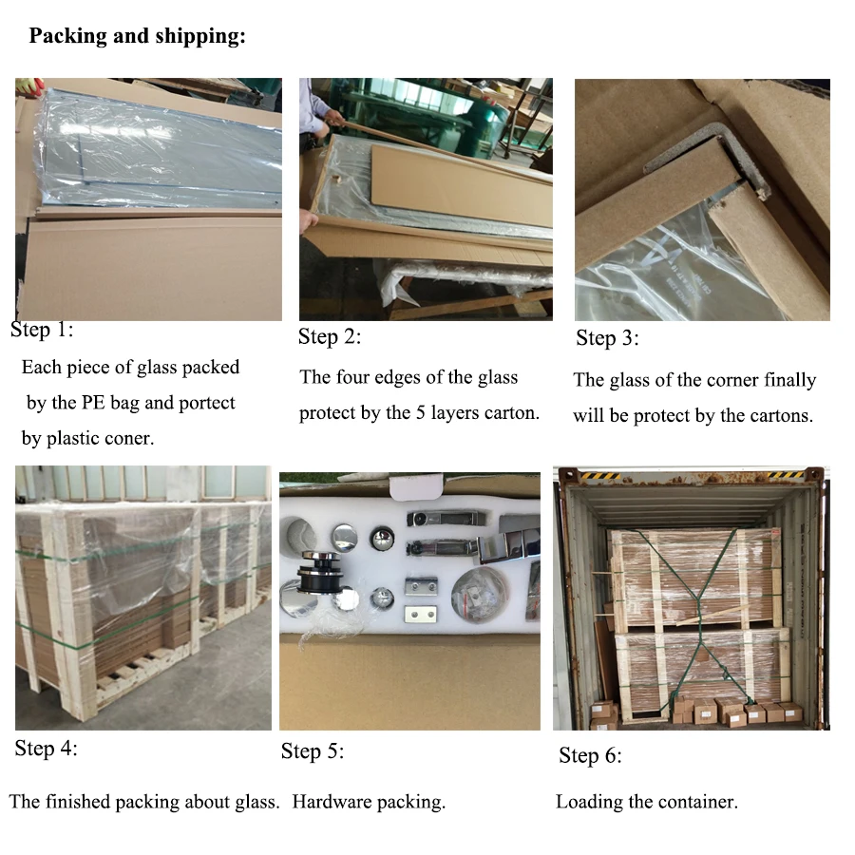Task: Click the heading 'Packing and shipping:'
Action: [137, 37]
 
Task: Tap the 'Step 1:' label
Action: [42, 331]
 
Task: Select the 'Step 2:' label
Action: [330, 336]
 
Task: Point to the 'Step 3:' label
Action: [607, 338]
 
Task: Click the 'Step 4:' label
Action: [46, 749]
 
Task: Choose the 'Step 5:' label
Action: [313, 751]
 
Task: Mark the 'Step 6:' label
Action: [590, 756]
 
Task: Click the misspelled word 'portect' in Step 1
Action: [205, 403]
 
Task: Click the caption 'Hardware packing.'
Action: [369, 802]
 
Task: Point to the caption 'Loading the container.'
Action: [646, 802]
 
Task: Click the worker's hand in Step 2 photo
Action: [333, 119]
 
